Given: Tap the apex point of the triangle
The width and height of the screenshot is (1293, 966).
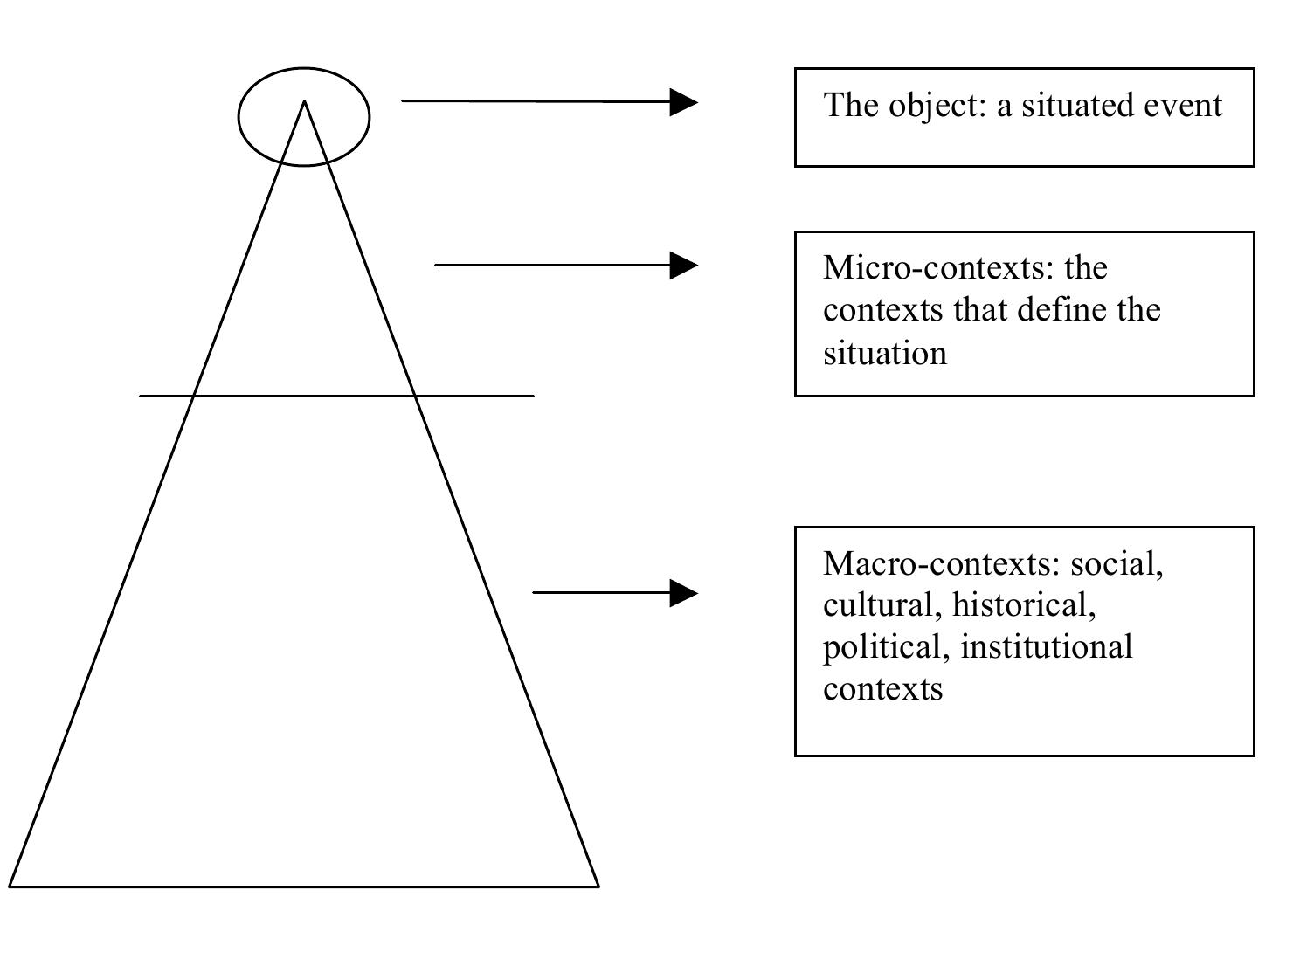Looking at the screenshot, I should tap(304, 103).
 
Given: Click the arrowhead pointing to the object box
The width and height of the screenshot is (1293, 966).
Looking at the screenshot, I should tap(684, 102).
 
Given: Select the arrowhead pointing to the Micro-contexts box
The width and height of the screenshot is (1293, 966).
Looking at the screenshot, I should tap(684, 265).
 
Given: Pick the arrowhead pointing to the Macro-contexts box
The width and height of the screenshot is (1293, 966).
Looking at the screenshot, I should tap(684, 593).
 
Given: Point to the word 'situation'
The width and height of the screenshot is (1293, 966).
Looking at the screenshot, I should tap(884, 354).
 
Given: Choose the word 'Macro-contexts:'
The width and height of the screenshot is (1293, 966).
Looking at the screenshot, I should tap(941, 563).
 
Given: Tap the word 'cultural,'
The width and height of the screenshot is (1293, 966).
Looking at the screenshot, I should tap(882, 605).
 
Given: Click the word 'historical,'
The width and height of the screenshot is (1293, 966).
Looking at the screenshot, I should tap(1024, 605).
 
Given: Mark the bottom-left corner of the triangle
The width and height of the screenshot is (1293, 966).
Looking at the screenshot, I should tap(11, 886).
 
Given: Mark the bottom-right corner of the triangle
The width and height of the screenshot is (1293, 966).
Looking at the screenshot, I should tap(598, 886).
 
